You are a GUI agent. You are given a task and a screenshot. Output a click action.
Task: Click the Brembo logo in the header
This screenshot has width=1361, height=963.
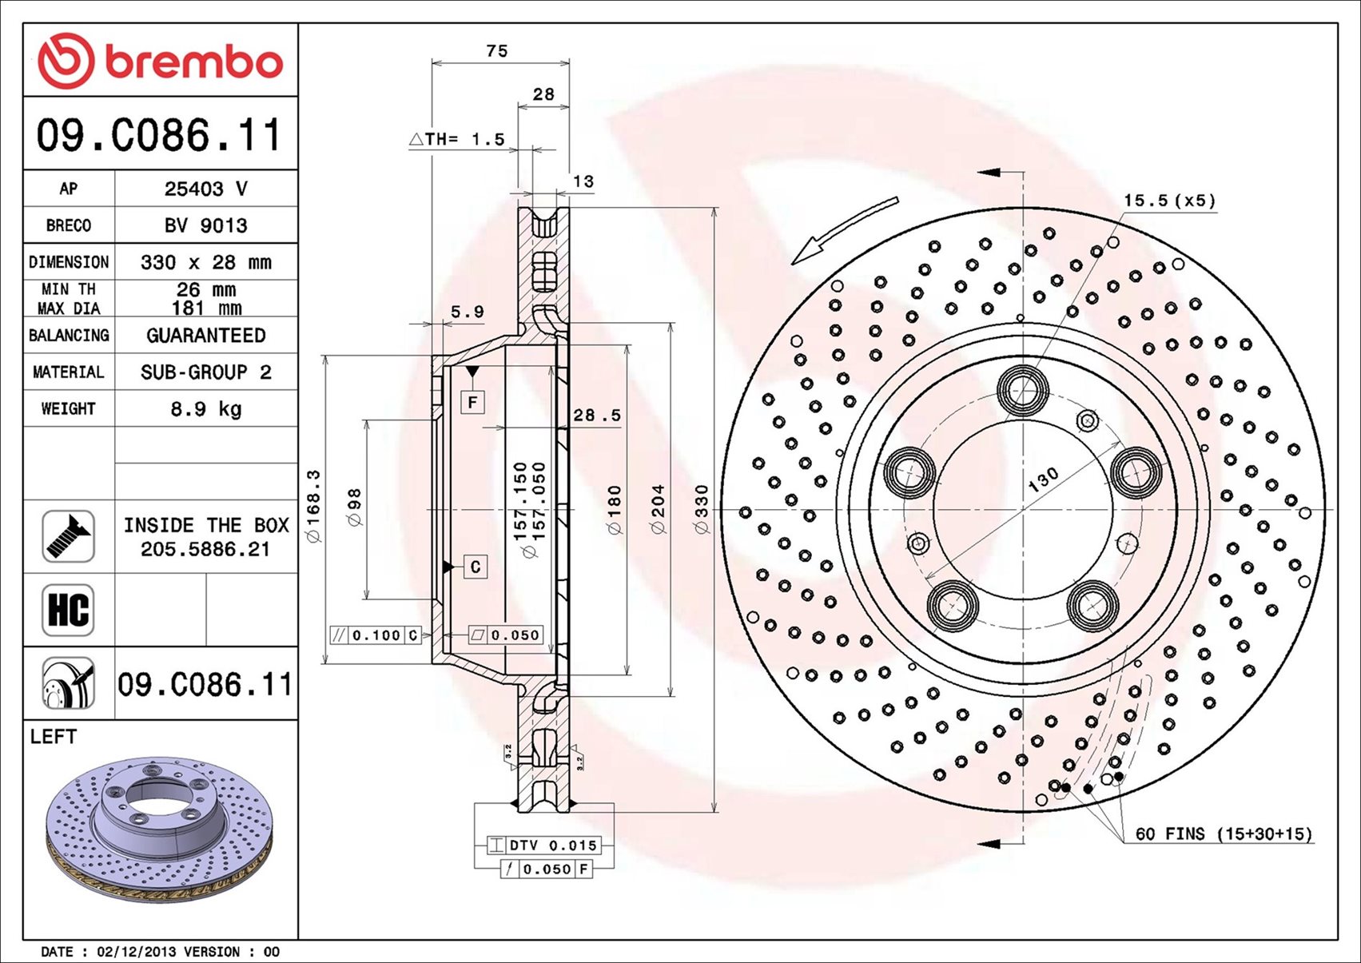pos(161,61)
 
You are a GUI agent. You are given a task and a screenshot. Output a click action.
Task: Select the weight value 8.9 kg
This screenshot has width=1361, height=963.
pos(206,409)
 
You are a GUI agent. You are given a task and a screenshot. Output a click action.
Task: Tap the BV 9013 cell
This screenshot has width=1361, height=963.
pos(206,225)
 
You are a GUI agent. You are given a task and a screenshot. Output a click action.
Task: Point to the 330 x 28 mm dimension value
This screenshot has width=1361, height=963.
pos(206,262)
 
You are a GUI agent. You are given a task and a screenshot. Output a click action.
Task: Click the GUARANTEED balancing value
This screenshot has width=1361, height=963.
pos(206,336)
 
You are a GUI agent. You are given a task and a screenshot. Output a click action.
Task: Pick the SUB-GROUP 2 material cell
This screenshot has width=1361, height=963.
pos(206,372)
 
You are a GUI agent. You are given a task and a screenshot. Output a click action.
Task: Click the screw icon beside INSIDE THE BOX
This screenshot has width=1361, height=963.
pos(68,536)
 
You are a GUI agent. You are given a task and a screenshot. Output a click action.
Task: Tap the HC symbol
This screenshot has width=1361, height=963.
pos(68,610)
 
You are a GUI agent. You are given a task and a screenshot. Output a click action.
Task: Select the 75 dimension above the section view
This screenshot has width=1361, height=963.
pos(496,51)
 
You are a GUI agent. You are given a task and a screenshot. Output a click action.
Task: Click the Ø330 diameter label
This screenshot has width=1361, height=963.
pos(702,509)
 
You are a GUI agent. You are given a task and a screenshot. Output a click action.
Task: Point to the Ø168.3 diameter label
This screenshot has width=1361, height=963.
pos(314,506)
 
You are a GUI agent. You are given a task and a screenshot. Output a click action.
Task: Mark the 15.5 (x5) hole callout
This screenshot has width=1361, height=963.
pos(1169,201)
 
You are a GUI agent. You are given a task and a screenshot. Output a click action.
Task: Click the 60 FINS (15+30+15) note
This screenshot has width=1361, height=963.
pos(1224,834)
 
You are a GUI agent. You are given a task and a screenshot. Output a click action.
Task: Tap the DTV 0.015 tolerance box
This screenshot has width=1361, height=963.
pos(544,846)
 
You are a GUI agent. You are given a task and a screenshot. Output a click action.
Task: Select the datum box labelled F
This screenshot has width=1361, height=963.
pos(472,402)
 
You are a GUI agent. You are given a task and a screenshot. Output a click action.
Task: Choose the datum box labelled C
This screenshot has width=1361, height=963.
pos(476,567)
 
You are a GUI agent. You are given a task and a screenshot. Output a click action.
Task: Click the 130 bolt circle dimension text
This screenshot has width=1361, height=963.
pos(1043,480)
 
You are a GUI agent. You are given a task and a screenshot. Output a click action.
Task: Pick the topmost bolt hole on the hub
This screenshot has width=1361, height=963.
pos(1023,390)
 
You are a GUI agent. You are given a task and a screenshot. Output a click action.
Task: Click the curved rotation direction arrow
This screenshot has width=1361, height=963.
pos(845,230)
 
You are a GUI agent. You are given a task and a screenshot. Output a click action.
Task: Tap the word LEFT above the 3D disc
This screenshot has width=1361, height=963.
pos(54,736)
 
